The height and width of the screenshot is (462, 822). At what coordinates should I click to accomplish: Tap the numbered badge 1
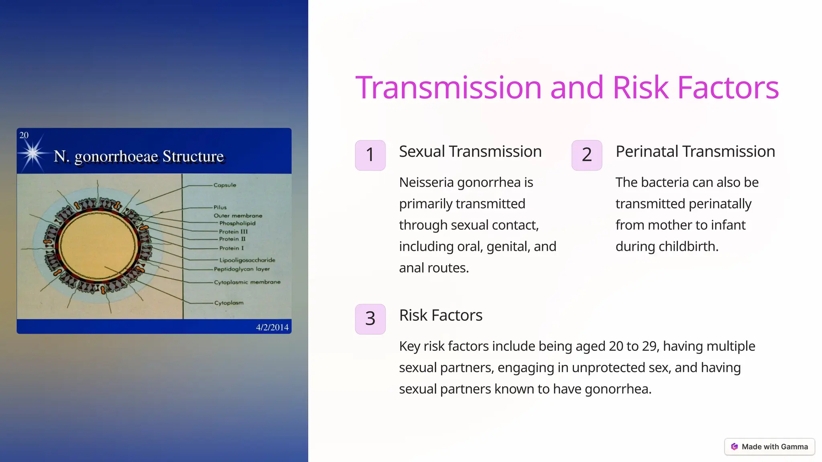[x=370, y=155]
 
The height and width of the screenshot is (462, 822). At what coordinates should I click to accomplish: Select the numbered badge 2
[x=586, y=155]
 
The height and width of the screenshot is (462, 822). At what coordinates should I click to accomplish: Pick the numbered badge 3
[x=370, y=319]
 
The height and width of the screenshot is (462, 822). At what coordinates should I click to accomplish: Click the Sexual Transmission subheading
[x=470, y=152]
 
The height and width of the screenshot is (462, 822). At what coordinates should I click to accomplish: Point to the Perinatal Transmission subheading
[x=695, y=152]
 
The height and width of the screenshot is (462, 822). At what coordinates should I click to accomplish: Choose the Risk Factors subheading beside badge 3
[x=440, y=315]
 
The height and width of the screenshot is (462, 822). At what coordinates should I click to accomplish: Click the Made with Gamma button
[x=769, y=447]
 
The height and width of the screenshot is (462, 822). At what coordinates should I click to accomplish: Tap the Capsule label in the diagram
[x=225, y=185]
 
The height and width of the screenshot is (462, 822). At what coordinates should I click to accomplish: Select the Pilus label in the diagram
[x=220, y=207]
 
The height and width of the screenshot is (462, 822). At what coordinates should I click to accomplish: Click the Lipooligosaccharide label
[x=247, y=260]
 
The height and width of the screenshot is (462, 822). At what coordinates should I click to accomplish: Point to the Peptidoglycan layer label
[x=242, y=269]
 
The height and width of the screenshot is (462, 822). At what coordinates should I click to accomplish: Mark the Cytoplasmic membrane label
[x=247, y=282]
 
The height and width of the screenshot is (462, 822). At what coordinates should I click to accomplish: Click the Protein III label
[x=233, y=232]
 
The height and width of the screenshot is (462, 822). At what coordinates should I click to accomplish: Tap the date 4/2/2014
[x=272, y=327]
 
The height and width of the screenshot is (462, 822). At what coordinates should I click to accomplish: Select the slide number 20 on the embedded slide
[x=24, y=136]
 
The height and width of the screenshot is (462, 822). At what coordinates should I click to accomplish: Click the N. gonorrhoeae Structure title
[x=138, y=156]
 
